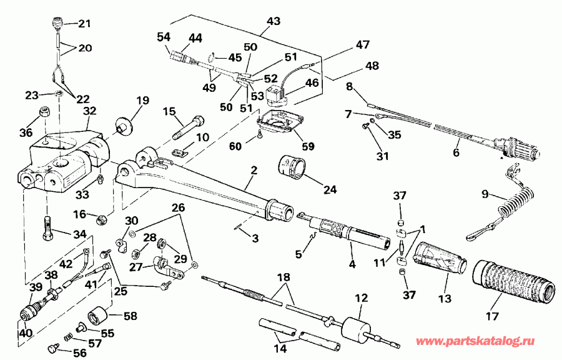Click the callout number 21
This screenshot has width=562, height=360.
(84, 24)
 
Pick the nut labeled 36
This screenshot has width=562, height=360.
(46, 112)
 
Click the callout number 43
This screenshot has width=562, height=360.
(272, 21)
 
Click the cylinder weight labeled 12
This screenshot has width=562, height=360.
(356, 328)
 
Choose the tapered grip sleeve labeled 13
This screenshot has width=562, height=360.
(441, 256)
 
